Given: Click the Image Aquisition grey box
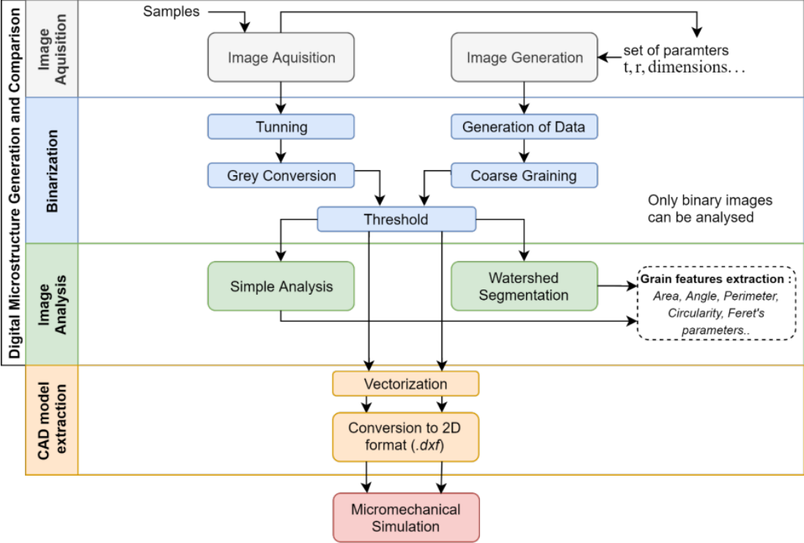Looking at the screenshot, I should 281,58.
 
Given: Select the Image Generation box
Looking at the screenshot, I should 524,58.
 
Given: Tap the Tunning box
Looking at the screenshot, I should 281,127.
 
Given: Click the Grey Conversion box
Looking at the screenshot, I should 281,176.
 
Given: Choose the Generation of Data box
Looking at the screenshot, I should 523,127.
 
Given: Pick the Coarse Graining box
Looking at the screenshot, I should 523,176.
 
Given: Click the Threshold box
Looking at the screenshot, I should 396,219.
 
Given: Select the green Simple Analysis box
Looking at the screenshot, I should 281,287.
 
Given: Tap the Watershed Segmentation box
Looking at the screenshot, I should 523,287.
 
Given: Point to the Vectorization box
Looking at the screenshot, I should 405,383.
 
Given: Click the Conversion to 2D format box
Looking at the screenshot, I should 405,436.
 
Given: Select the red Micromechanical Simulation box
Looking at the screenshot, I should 405,517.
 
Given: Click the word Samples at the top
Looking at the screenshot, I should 171,12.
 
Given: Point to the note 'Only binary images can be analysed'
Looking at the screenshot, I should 709,208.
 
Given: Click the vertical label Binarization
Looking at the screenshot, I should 52,170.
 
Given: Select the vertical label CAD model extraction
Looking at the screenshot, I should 52,419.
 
